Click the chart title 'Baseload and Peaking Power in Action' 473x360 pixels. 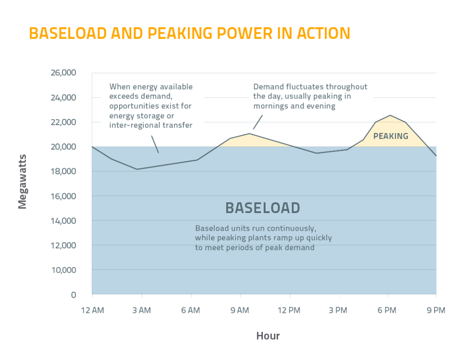189,34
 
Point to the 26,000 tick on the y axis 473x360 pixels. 63,73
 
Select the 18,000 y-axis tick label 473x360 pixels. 63,171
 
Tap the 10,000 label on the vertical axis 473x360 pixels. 63,270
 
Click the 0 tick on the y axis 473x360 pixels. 73,294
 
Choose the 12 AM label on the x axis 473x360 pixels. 92,311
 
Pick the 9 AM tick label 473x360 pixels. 240,311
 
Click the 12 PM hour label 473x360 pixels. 290,311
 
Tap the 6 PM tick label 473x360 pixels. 387,311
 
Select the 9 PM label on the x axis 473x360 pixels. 436,311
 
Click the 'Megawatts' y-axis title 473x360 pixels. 23,184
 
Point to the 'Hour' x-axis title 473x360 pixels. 268,336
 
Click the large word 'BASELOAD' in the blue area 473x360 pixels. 262,208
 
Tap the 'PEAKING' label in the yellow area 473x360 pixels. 391,136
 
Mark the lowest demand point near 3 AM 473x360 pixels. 137,169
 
